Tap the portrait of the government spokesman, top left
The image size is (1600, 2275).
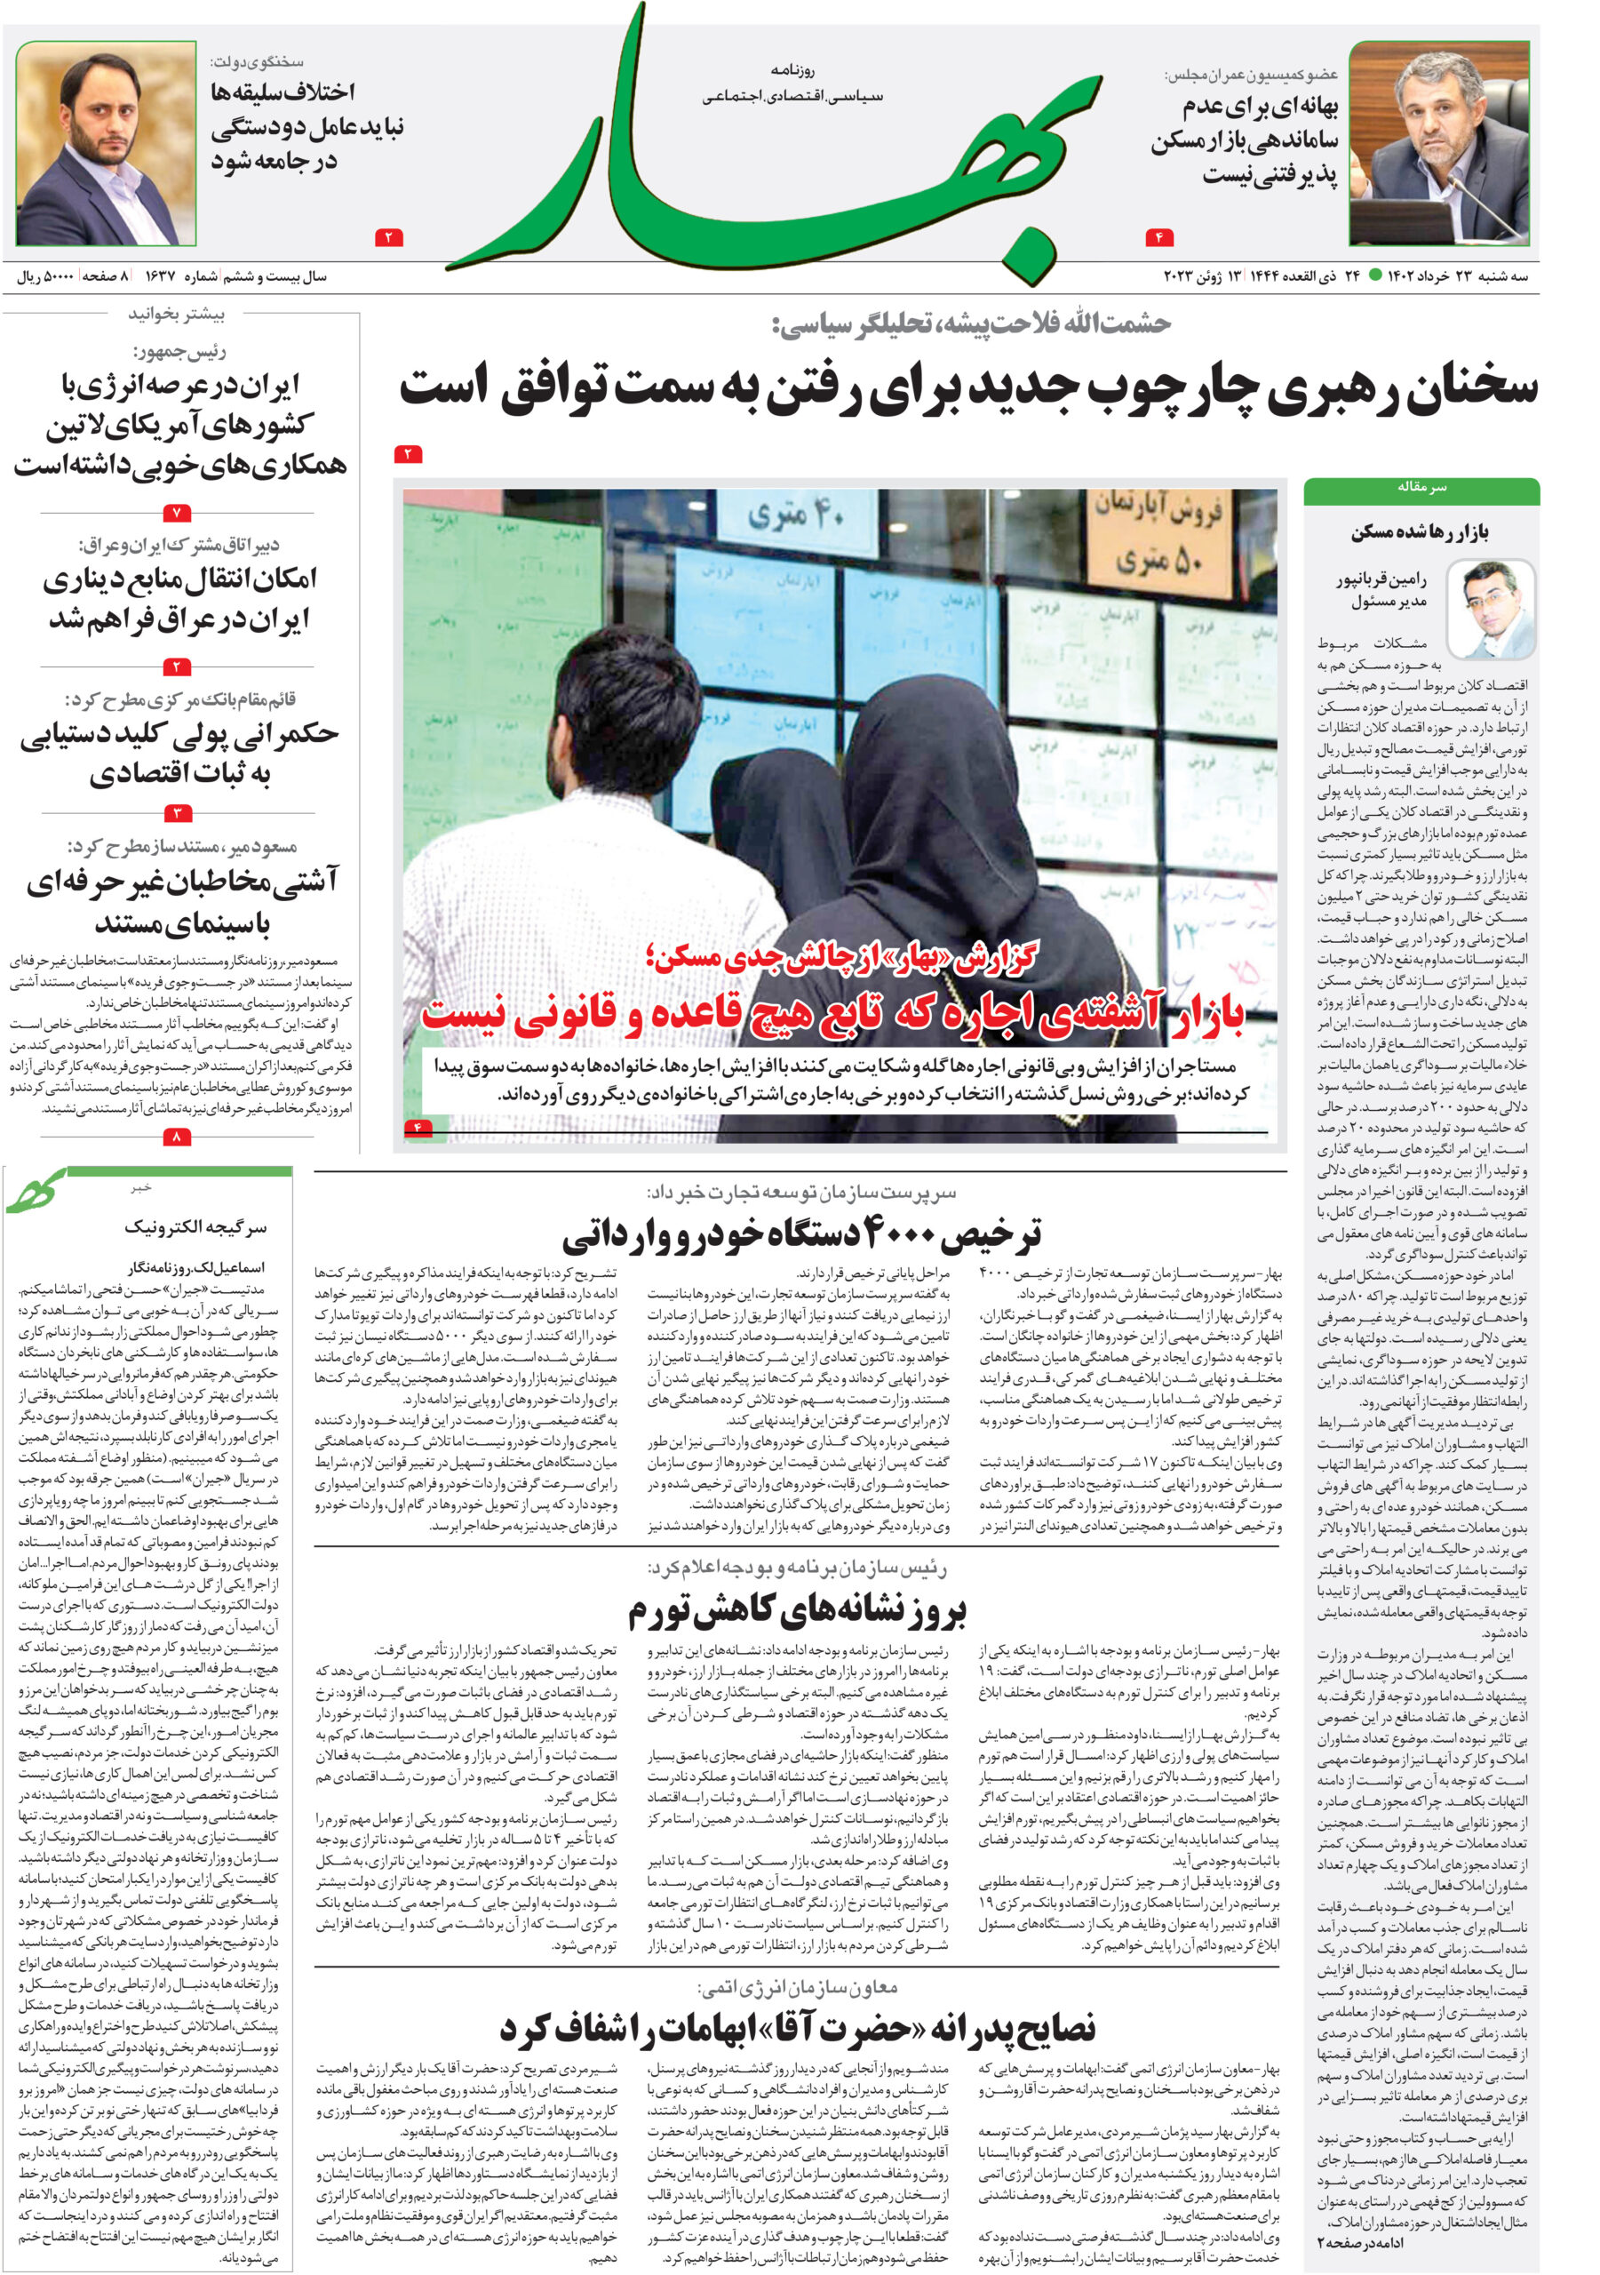tap(106, 144)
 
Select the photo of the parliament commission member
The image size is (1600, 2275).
tap(1437, 144)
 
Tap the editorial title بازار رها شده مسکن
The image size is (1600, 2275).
tap(1419, 532)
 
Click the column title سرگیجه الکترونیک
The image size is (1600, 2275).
tap(195, 1227)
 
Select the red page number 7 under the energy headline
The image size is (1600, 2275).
tap(177, 514)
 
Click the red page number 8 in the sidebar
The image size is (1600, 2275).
tap(177, 1137)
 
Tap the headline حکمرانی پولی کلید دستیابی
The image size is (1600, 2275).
tap(179, 753)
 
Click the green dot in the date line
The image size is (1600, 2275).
tap(1375, 276)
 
